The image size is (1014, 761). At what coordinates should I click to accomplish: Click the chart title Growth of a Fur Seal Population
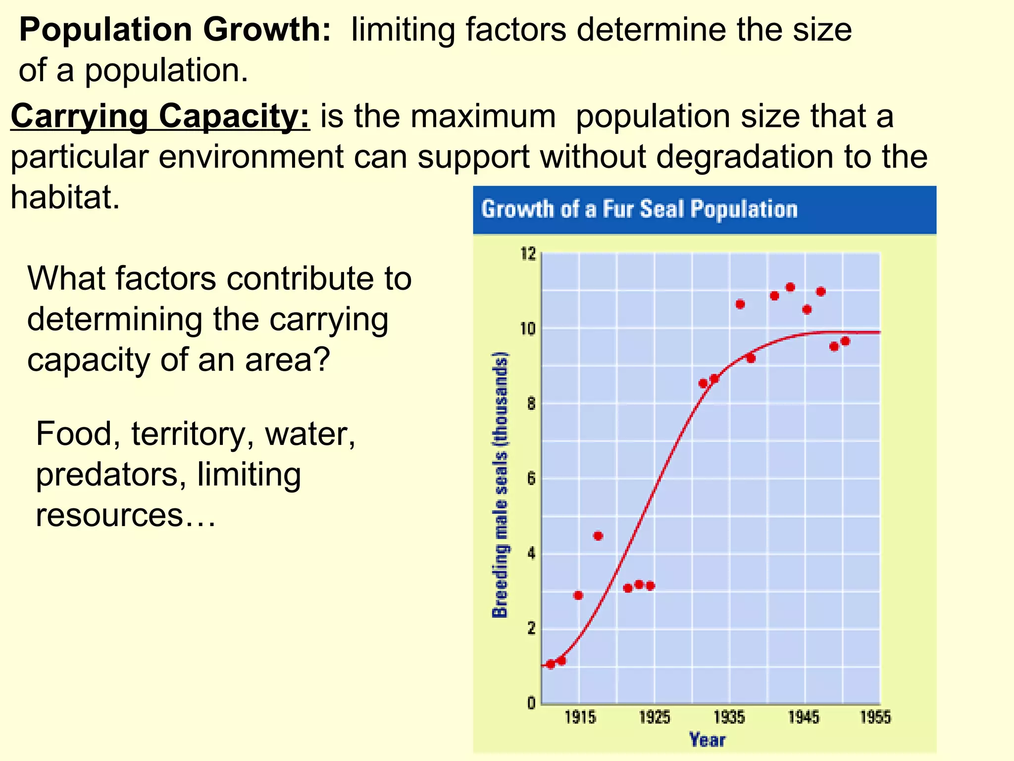click(639, 209)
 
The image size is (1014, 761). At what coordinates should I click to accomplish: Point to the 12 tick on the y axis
click(528, 254)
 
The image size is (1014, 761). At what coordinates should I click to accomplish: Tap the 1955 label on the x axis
click(875, 717)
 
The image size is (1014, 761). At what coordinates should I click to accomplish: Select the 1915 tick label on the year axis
click(580, 717)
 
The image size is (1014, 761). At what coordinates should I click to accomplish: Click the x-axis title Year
click(707, 740)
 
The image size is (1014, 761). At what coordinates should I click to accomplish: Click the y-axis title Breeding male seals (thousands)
click(500, 485)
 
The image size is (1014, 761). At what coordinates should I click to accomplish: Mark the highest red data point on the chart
click(790, 287)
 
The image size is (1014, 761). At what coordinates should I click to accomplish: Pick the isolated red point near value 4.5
click(598, 536)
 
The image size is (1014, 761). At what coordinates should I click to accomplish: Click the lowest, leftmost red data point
click(551, 664)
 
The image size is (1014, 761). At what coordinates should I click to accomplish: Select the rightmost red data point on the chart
click(845, 341)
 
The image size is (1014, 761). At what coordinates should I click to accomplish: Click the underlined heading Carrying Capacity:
click(160, 116)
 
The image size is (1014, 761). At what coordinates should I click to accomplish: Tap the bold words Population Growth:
click(175, 30)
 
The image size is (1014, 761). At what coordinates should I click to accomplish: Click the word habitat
click(64, 198)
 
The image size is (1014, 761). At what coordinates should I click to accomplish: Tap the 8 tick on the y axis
click(531, 404)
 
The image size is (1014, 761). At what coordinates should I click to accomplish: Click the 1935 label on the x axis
click(729, 717)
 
